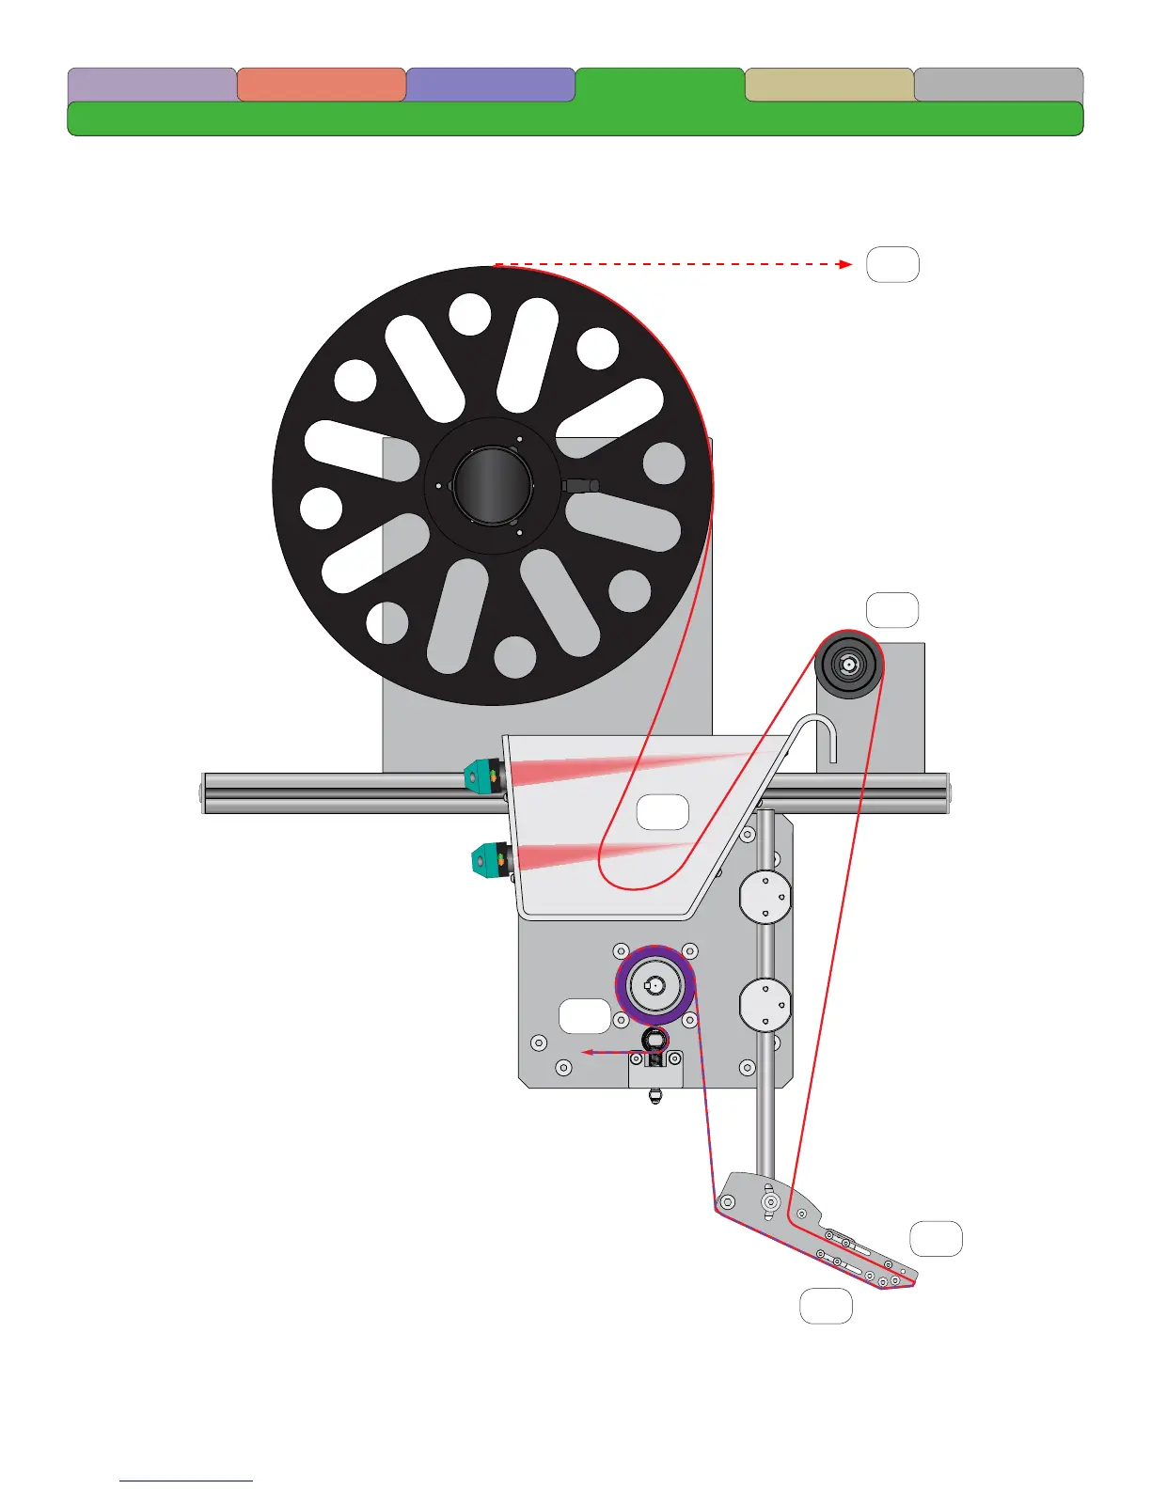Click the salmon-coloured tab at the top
(321, 84)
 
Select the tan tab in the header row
(828, 84)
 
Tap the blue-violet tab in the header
(490, 84)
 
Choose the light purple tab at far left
(151, 84)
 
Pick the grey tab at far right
(998, 84)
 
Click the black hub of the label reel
(492, 485)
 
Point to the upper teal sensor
(482, 776)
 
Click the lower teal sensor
(488, 859)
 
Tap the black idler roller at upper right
(848, 664)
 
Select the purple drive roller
(655, 985)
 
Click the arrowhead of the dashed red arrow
(845, 265)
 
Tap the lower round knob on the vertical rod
(765, 1004)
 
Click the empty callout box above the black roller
(891, 610)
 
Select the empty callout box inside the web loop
(663, 812)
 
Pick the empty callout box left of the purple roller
(584, 1016)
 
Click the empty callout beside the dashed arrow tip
(892, 265)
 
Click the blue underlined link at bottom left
(186, 1481)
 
